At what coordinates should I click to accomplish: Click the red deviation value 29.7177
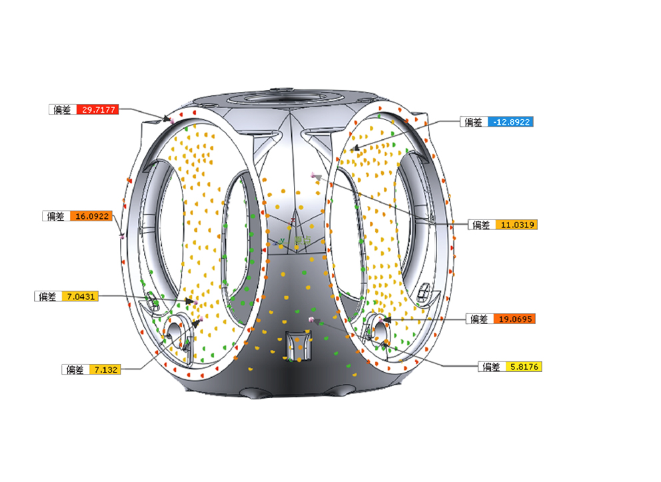pyautogui.click(x=97, y=109)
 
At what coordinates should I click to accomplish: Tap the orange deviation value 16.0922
pyautogui.click(x=93, y=216)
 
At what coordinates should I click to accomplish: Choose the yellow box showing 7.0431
pyautogui.click(x=79, y=296)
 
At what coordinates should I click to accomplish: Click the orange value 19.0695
pyautogui.click(x=514, y=319)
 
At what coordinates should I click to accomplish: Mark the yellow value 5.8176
pyautogui.click(x=524, y=367)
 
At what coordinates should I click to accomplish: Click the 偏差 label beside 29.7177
pyautogui.click(x=62, y=109)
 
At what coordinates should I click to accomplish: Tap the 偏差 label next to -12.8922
pyautogui.click(x=473, y=122)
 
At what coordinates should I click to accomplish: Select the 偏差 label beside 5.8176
pyautogui.click(x=492, y=367)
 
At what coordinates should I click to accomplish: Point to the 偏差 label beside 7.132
pyautogui.click(x=75, y=369)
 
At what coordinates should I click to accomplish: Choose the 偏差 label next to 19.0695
pyautogui.click(x=479, y=319)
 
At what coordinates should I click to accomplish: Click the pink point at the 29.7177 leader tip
pyautogui.click(x=171, y=120)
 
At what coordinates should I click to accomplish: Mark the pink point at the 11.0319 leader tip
pyautogui.click(x=313, y=174)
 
